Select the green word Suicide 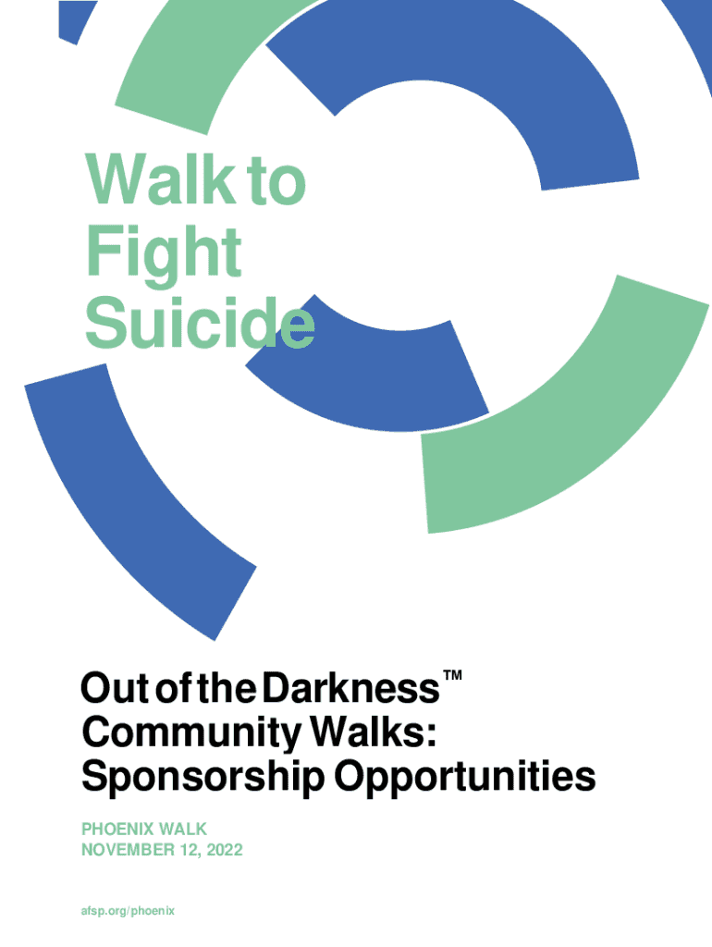pyautogui.click(x=200, y=323)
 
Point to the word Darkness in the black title pyautogui.click(x=350, y=688)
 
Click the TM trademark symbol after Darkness pyautogui.click(x=452, y=675)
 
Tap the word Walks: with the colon pyautogui.click(x=373, y=732)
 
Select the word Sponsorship pyautogui.click(x=203, y=778)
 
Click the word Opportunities pyautogui.click(x=465, y=778)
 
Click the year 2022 pyautogui.click(x=225, y=850)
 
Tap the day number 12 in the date pyautogui.click(x=190, y=851)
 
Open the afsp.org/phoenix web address pyautogui.click(x=128, y=911)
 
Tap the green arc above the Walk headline pyautogui.click(x=181, y=67)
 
